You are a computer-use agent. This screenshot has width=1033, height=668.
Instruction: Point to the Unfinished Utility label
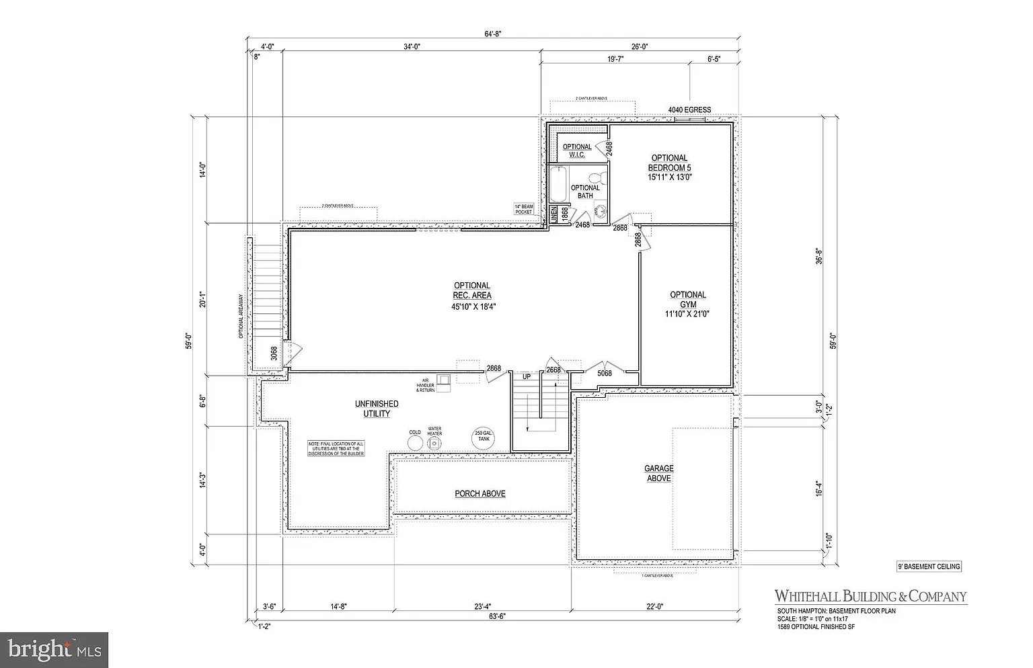tap(377, 409)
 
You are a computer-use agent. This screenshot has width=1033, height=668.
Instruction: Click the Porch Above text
tap(480, 494)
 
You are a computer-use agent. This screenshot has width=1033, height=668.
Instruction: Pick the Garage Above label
tap(659, 473)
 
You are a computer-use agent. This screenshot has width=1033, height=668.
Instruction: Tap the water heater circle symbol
tap(435, 444)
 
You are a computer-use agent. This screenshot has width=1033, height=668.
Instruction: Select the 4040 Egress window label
tap(689, 110)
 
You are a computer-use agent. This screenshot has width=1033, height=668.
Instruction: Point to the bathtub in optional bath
tap(557, 184)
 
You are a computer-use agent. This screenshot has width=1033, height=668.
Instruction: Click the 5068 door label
tap(605, 373)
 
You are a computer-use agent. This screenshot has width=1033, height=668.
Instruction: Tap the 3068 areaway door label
tap(274, 353)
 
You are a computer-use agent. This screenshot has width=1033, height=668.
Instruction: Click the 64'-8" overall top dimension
tap(492, 33)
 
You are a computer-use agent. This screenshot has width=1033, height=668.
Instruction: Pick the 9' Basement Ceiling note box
tap(929, 567)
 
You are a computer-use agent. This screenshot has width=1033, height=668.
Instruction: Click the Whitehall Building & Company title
tap(870, 596)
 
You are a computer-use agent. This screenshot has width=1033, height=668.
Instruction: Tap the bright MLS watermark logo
tap(54, 650)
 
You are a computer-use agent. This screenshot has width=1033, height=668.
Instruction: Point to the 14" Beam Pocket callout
tap(524, 209)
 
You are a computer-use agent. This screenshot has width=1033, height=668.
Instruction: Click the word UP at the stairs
tap(527, 377)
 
